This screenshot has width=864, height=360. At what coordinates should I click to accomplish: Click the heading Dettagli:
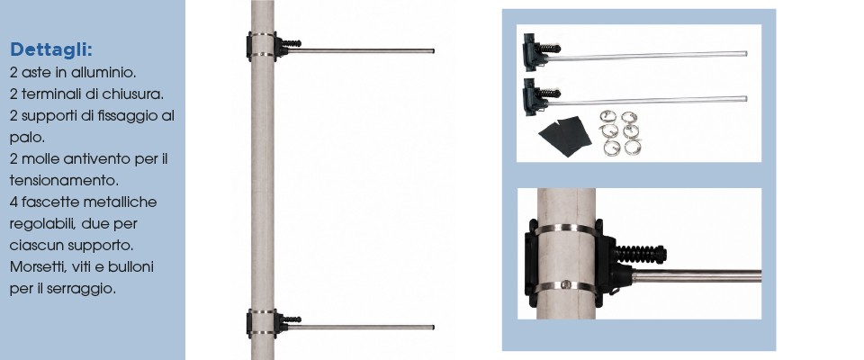51,49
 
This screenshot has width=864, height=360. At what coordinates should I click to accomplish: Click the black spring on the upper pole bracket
291,42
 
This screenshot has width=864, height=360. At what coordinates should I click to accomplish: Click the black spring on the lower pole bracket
291,319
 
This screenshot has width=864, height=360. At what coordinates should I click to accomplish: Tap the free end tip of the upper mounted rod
434,50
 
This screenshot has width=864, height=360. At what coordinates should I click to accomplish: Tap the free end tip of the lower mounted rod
434,327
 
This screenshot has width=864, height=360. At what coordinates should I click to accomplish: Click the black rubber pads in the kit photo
565,136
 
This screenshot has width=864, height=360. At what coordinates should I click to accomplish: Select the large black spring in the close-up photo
641,254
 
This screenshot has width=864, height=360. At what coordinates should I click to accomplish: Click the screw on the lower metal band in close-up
566,284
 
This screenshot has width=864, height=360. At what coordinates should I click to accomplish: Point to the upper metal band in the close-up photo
566,229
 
